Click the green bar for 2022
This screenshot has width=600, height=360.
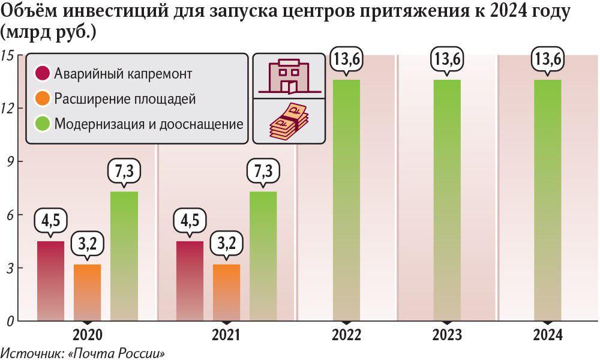(x=346, y=201)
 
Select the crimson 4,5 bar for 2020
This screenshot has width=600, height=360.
(x=50, y=281)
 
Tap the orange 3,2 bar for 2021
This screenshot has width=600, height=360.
(x=226, y=292)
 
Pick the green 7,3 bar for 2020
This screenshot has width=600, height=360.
(x=124, y=256)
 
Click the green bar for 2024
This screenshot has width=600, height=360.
(x=548, y=201)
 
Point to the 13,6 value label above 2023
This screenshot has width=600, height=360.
(x=447, y=60)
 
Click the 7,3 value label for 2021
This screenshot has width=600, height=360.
(x=263, y=172)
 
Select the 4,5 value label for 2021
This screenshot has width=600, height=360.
(x=190, y=220)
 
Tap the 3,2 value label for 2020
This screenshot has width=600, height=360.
(x=87, y=244)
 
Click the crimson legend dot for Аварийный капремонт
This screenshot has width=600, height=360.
(x=42, y=74)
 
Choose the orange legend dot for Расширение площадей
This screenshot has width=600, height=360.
(x=42, y=99)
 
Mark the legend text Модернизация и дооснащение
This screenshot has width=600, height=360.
(x=149, y=124)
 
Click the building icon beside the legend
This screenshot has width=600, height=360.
(x=288, y=76)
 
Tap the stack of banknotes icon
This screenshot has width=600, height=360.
(x=288, y=121)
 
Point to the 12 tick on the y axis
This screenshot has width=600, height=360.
(x=9, y=108)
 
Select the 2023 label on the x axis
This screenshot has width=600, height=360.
(x=447, y=335)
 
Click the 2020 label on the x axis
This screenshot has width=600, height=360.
(x=88, y=335)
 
